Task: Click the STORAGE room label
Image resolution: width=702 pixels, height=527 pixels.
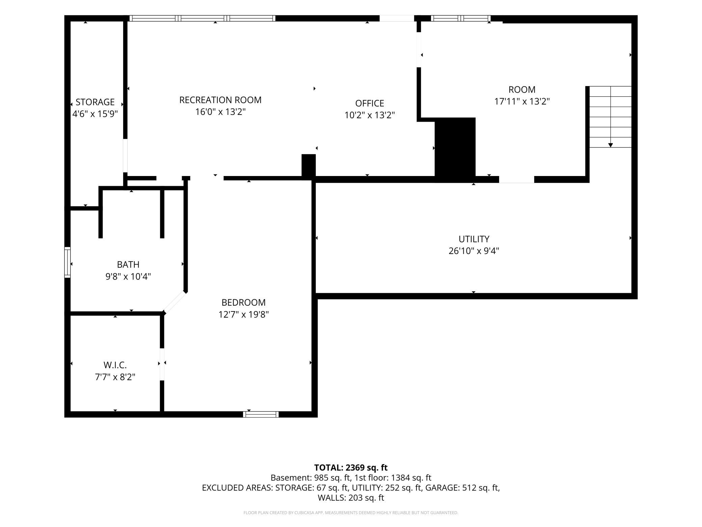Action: click(x=95, y=102)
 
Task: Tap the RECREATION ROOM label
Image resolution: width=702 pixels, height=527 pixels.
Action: click(x=220, y=100)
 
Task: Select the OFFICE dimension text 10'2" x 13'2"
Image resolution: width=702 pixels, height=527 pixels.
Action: click(x=370, y=115)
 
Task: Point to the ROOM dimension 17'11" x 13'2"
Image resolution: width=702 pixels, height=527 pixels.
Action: click(x=522, y=101)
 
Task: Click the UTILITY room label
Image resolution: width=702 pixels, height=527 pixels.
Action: click(x=474, y=239)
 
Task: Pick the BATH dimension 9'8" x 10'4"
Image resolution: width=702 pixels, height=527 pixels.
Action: click(x=128, y=277)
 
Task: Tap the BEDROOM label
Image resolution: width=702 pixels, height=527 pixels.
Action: click(x=244, y=302)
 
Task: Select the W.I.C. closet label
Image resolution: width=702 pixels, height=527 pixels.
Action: click(x=115, y=365)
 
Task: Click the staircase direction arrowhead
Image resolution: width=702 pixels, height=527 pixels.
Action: click(x=611, y=145)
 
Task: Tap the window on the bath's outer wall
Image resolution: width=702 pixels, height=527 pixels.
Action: click(x=67, y=262)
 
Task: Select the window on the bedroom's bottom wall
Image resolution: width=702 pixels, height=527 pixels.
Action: click(x=261, y=414)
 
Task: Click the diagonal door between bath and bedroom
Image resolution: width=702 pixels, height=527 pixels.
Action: click(x=174, y=302)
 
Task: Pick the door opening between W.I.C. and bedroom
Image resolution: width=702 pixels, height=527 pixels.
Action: click(x=162, y=364)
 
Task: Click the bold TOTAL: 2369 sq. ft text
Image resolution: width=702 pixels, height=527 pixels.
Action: click(x=351, y=468)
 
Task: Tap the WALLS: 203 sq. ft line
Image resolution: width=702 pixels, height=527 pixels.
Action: click(x=351, y=498)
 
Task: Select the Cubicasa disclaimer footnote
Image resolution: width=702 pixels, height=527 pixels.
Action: click(x=351, y=513)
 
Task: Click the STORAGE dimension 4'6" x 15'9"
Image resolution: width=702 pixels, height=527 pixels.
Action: click(x=95, y=114)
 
